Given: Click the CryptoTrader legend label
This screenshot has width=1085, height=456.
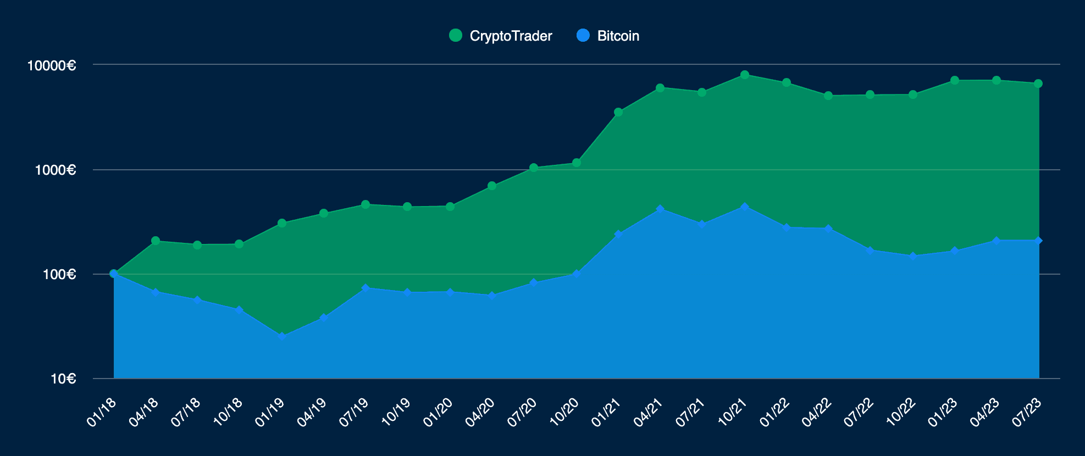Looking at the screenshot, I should [511, 36].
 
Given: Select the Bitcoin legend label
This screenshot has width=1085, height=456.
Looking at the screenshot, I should [618, 36].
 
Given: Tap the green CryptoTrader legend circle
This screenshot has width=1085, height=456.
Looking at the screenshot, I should [456, 36].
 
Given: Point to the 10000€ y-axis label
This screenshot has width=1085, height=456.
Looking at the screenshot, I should [52, 65].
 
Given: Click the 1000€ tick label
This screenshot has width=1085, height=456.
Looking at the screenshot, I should [55, 170].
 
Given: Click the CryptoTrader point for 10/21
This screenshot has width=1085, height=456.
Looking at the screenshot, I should [745, 75].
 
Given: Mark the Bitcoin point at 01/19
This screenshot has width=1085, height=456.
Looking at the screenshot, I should [282, 336].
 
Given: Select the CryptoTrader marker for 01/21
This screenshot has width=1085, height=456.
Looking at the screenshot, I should [618, 112].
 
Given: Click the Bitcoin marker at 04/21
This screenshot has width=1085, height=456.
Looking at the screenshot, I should [660, 209].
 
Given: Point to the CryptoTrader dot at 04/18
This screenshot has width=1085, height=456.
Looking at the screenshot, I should [156, 241].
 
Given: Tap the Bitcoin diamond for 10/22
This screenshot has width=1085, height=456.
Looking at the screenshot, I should [913, 256].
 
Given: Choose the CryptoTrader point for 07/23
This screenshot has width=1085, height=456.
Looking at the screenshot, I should [1038, 84].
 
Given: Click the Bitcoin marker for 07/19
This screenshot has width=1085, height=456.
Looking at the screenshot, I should [366, 288].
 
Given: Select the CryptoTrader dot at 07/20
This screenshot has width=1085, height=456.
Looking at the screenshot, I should [534, 168].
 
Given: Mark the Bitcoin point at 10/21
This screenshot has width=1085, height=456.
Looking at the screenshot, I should [745, 207].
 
